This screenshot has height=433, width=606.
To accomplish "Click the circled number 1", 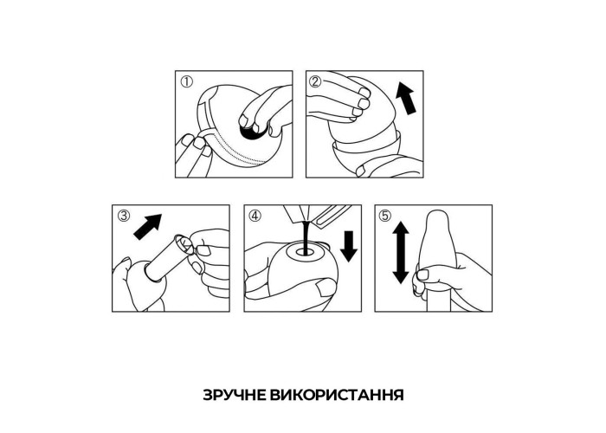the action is tap(187, 82).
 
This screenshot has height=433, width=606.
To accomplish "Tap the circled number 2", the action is tap(316, 81).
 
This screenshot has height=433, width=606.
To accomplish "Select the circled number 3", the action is tap(124, 216).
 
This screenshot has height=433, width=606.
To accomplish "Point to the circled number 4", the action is tap(255, 216).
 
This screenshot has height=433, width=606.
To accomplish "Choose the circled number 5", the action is tap(385, 216).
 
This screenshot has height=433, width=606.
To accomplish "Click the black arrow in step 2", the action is tap(406, 98).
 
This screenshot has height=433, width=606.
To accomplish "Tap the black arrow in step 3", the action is tap(148, 227).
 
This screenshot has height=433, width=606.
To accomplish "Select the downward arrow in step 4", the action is tap(349, 246).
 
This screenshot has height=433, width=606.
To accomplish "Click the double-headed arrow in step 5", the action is tap(401, 253).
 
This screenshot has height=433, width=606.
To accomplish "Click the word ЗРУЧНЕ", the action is tap(235, 395).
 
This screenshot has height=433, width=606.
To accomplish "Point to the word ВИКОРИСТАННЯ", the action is tap(337, 395).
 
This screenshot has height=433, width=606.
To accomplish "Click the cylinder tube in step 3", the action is tap(169, 256).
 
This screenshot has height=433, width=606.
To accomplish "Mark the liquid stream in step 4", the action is tap(306, 236).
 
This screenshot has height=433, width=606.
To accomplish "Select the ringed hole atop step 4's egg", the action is tap(306, 252).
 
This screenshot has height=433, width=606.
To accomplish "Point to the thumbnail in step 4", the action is tap(324, 288).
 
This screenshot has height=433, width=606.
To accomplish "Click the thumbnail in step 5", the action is tap(422, 275).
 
